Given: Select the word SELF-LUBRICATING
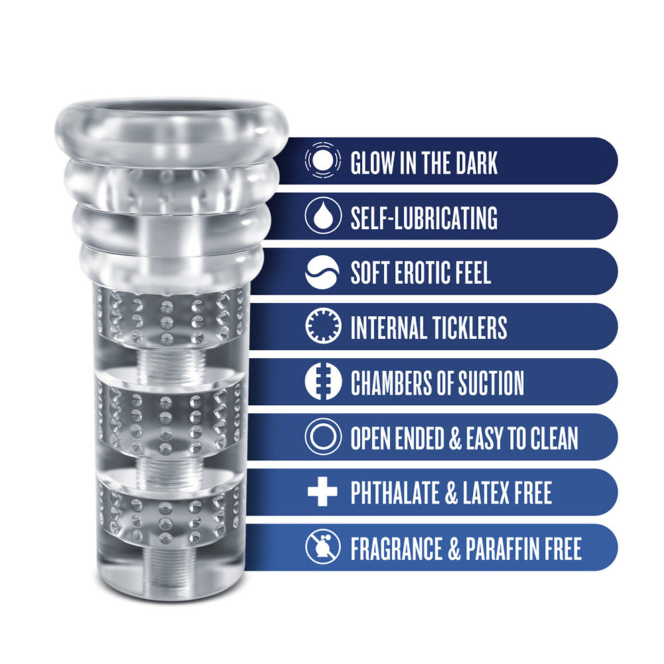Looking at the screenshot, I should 424,217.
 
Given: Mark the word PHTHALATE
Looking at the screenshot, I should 394,493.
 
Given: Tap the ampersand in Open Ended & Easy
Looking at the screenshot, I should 455,438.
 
